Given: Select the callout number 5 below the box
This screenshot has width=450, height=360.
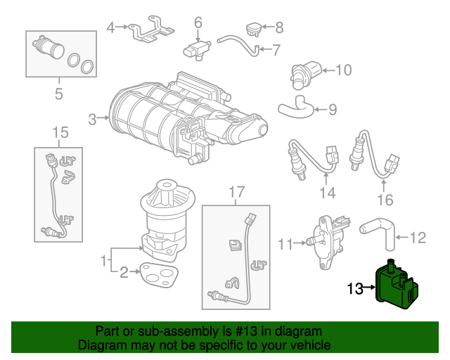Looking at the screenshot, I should pos(58,93).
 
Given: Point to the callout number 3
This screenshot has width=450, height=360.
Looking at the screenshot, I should pos(93,120).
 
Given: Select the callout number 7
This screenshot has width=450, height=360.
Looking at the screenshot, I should pos(276,50).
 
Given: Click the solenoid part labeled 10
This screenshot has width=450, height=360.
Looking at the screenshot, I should pos(307,71).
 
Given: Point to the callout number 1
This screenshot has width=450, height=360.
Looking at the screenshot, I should pos(104,260).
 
